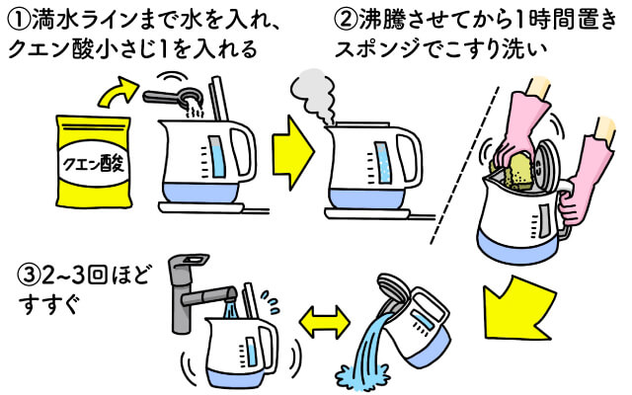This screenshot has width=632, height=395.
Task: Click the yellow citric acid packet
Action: coord(93,163)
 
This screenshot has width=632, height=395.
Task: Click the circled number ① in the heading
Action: coord(17,17)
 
